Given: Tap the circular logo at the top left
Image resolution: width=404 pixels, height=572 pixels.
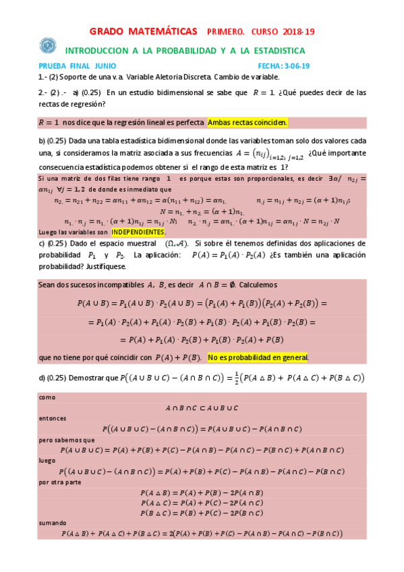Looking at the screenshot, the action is (x=48, y=45).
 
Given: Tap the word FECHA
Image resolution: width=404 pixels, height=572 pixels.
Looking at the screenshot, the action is (x=270, y=66).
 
